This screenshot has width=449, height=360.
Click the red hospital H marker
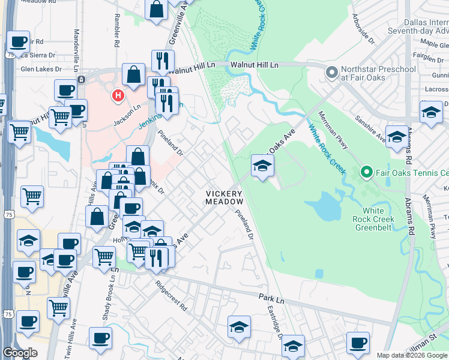(x=118, y=95)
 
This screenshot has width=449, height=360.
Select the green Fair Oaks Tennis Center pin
(x=366, y=173)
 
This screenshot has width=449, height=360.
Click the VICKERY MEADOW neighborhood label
(x=224, y=198)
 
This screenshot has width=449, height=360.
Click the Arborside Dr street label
(x=363, y=28)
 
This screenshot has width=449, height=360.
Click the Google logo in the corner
(x=20, y=353)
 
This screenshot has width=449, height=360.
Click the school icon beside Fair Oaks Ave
(x=262, y=166)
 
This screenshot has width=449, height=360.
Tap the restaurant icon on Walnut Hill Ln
(x=163, y=61)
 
